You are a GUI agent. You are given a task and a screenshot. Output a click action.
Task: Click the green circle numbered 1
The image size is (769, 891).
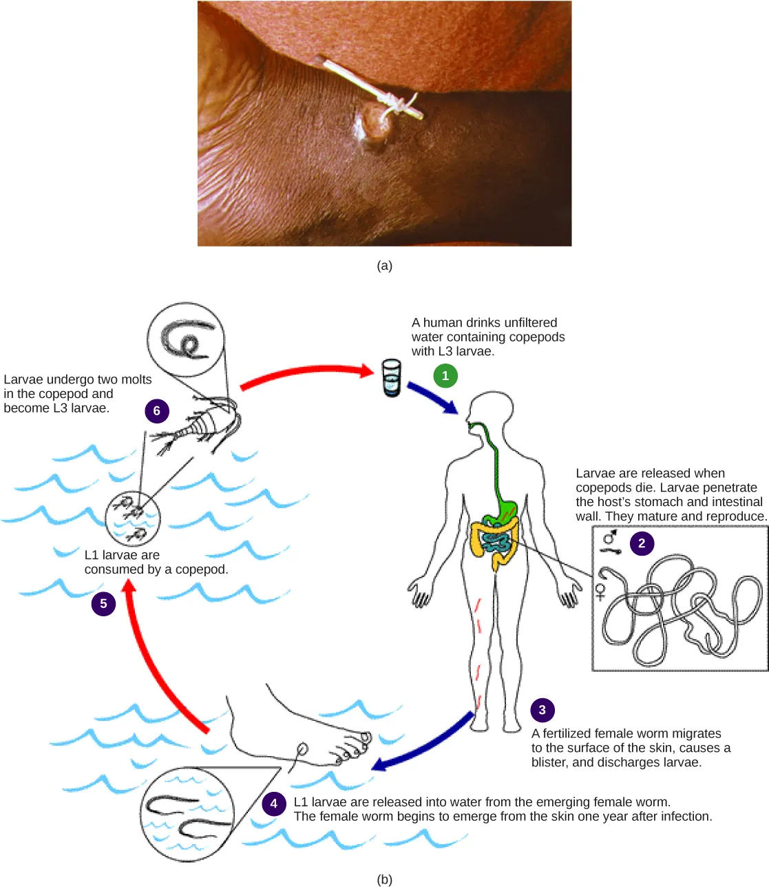coord(445,376)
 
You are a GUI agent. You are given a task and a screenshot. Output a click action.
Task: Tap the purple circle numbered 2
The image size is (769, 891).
coord(642,543)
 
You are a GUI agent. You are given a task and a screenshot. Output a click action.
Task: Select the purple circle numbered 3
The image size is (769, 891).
coord(542,710)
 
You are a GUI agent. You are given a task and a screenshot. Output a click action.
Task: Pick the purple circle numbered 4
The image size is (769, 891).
coord(274,803)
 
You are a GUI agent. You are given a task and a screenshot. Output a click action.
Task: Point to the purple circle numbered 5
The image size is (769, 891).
coord(103,604)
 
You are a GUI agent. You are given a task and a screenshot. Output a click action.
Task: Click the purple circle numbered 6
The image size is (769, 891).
coord(156,411)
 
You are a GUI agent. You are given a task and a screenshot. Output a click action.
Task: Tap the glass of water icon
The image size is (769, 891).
coord(391,377)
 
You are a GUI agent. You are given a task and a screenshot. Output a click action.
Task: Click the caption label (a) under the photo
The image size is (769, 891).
coord(384,266)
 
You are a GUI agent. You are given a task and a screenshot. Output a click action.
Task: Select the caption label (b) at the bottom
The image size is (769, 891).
coord(384,879)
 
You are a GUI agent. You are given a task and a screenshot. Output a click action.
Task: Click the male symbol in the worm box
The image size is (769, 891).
coord(610,536)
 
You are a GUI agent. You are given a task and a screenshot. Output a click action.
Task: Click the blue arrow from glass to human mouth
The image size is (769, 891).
coord(432,398)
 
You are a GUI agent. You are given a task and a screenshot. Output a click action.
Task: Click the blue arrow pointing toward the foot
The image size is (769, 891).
coord(423,744)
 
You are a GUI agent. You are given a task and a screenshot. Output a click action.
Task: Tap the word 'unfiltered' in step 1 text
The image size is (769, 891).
coord(525,322)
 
